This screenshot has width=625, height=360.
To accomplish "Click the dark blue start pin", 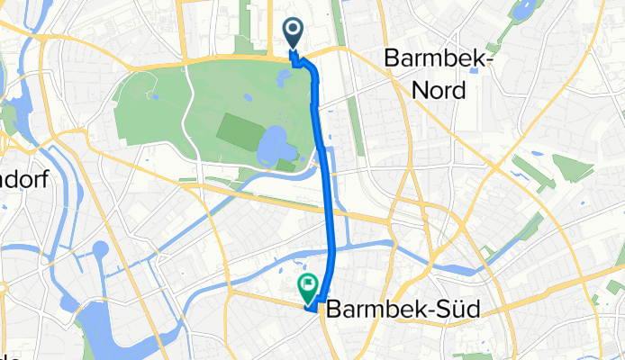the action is point(294,32).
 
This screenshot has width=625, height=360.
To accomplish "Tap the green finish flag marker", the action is point(308,287).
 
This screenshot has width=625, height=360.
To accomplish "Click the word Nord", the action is point(435,90).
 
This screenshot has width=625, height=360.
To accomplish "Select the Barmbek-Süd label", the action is point(402,309).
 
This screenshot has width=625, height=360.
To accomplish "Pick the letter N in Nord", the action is point(415,90).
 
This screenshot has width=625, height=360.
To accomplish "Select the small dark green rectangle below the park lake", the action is point(285,165).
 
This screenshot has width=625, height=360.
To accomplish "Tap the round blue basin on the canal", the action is point(99,249).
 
